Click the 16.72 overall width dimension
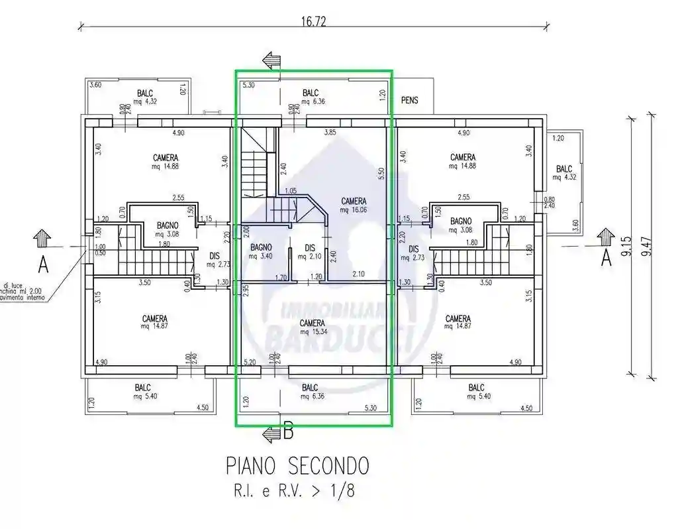coord(313,21)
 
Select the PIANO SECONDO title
coord(297,466)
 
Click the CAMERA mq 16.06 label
coord(354,205)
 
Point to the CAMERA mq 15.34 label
coord(312,327)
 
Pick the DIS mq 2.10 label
coord(310,252)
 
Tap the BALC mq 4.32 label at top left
coord(146,97)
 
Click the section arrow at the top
coord(271,60)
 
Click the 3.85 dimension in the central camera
coord(330,133)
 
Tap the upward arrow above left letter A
coord(42,237)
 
